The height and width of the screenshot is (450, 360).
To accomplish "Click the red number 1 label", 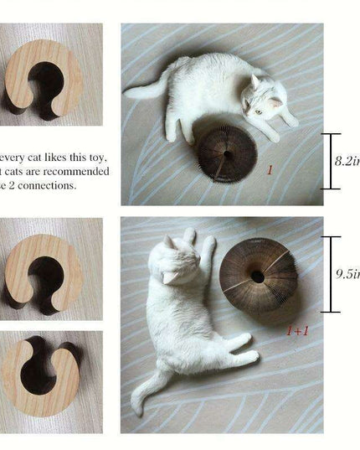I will pos(270,170).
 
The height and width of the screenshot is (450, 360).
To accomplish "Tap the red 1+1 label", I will pos(297,330).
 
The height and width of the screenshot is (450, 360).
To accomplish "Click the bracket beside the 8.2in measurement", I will pos(331,161).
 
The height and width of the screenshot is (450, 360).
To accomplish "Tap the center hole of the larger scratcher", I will pos(257,277).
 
